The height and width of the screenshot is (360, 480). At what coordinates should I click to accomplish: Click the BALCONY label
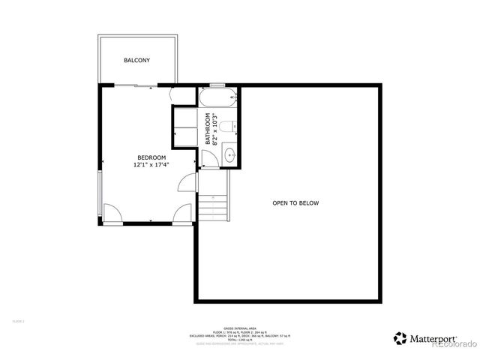[136, 60]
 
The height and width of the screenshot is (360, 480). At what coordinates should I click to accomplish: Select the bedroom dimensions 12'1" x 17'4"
[151, 164]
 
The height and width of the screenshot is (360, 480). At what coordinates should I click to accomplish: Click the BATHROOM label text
[208, 128]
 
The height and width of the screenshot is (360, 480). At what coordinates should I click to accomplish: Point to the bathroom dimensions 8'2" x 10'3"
[215, 128]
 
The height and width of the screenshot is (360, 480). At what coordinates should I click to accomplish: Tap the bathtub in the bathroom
[218, 97]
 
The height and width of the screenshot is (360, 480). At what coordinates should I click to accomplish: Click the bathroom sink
[229, 155]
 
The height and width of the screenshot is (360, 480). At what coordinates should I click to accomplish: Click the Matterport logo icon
[400, 338]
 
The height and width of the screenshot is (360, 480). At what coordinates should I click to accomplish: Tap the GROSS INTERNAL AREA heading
[240, 327]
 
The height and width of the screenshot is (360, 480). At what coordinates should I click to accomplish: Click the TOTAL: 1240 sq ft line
[240, 339]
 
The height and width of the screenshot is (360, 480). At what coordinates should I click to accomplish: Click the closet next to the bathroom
[184, 127]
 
